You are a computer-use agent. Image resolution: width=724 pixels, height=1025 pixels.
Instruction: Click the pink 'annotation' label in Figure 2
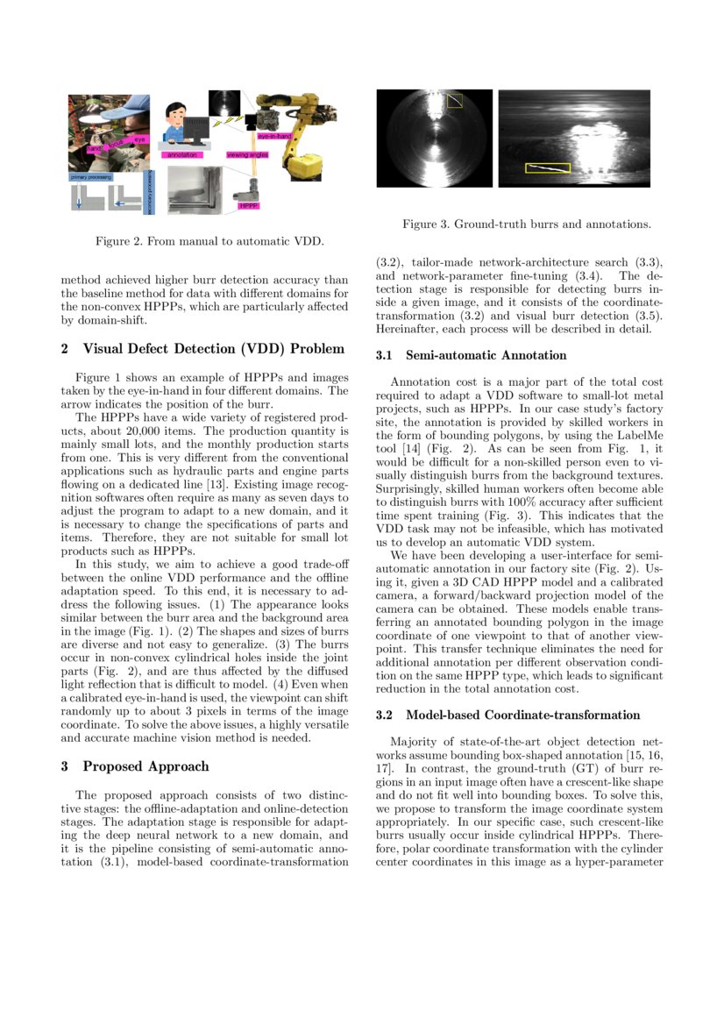pyautogui.click(x=181, y=154)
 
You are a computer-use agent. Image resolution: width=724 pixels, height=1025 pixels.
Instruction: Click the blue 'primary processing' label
pyautogui.click(x=91, y=177)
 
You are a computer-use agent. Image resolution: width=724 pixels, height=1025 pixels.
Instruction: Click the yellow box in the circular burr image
pyautogui.click(x=455, y=101)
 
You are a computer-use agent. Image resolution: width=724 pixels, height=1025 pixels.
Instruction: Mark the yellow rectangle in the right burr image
pyautogui.click(x=547, y=167)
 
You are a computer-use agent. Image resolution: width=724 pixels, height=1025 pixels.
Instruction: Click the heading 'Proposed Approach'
pyautogui.click(x=146, y=766)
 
